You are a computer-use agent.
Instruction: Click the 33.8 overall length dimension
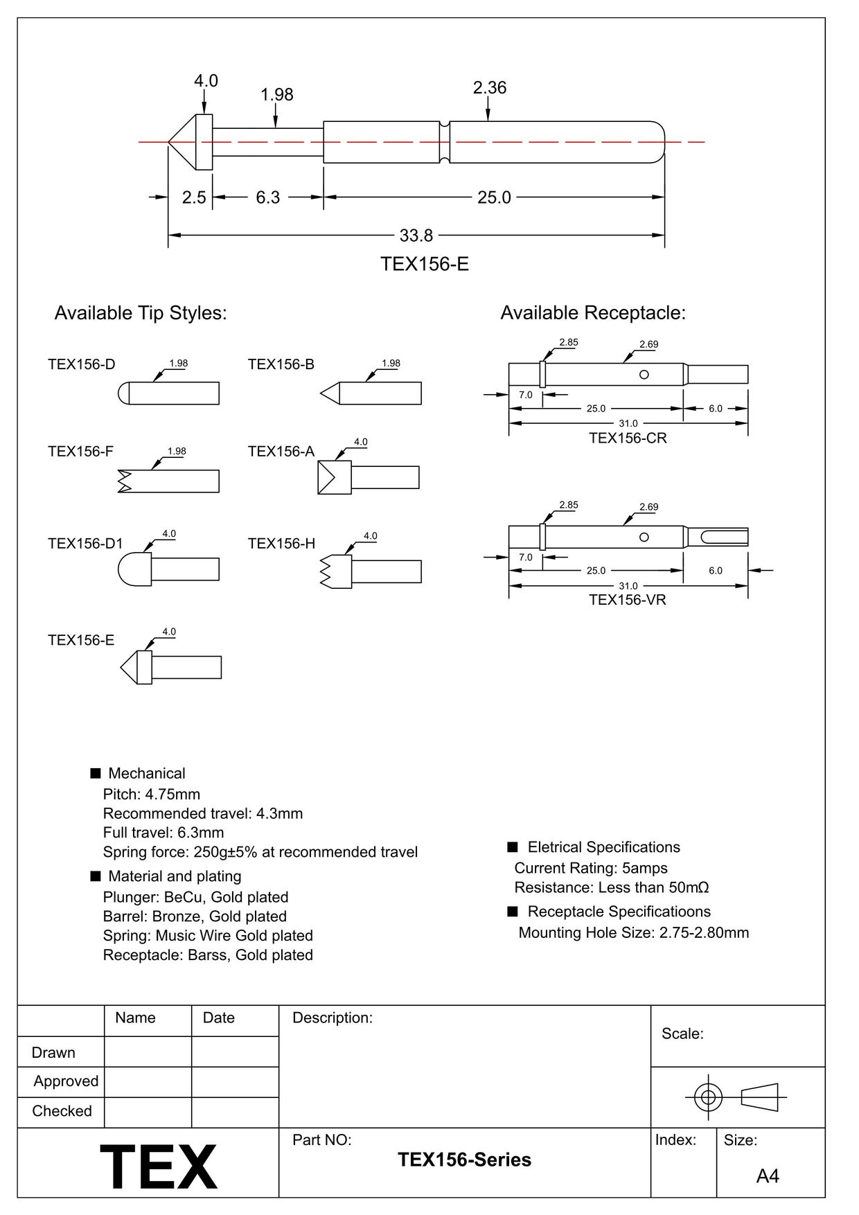pyautogui.click(x=416, y=236)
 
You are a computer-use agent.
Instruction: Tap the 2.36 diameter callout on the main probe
pyautogui.click(x=489, y=88)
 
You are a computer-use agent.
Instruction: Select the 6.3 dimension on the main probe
pyautogui.click(x=267, y=197)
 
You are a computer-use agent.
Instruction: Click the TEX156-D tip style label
pyautogui.click(x=81, y=364)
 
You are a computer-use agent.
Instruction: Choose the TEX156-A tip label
pyautogui.click(x=281, y=452)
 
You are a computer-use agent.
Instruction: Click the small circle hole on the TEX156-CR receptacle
pyautogui.click(x=644, y=375)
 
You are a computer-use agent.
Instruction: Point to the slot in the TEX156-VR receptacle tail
pyautogui.click(x=724, y=537)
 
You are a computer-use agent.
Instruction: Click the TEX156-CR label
pyautogui.click(x=628, y=438)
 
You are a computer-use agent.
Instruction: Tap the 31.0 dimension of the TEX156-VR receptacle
pyautogui.click(x=628, y=586)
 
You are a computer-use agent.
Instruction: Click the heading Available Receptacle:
pyautogui.click(x=593, y=313)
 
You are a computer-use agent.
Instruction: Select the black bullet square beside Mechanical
pyautogui.click(x=96, y=773)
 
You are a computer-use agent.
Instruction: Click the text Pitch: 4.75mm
pyautogui.click(x=151, y=794)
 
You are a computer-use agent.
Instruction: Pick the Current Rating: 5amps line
pyautogui.click(x=590, y=868)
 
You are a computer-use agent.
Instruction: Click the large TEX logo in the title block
pyautogui.click(x=159, y=1167)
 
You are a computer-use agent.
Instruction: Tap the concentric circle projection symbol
pyautogui.click(x=708, y=1097)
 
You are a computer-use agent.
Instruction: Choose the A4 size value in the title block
pyautogui.click(x=768, y=1176)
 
